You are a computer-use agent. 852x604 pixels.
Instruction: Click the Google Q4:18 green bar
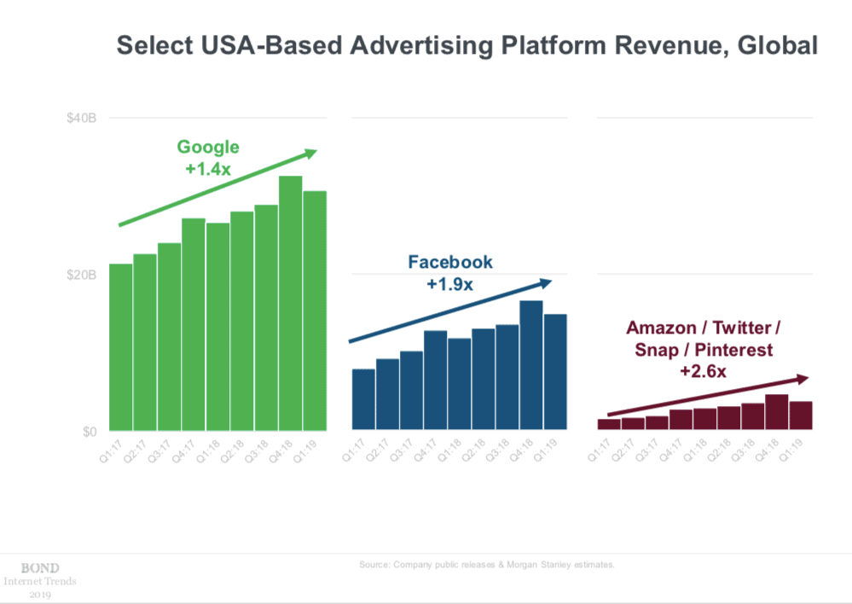291,303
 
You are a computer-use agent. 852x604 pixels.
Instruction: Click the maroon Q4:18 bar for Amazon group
776,412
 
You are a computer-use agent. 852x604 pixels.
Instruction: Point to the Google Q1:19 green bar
316,311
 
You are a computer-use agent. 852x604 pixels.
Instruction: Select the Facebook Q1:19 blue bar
556,372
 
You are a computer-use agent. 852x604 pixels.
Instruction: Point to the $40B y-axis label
82,118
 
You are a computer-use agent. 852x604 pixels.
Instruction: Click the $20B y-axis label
82,275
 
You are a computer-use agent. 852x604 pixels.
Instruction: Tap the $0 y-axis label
88,432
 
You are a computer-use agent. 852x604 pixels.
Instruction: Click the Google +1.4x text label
208,169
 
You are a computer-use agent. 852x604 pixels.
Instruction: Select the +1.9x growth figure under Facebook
449,284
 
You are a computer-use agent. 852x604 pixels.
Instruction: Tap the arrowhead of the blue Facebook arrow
549,282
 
